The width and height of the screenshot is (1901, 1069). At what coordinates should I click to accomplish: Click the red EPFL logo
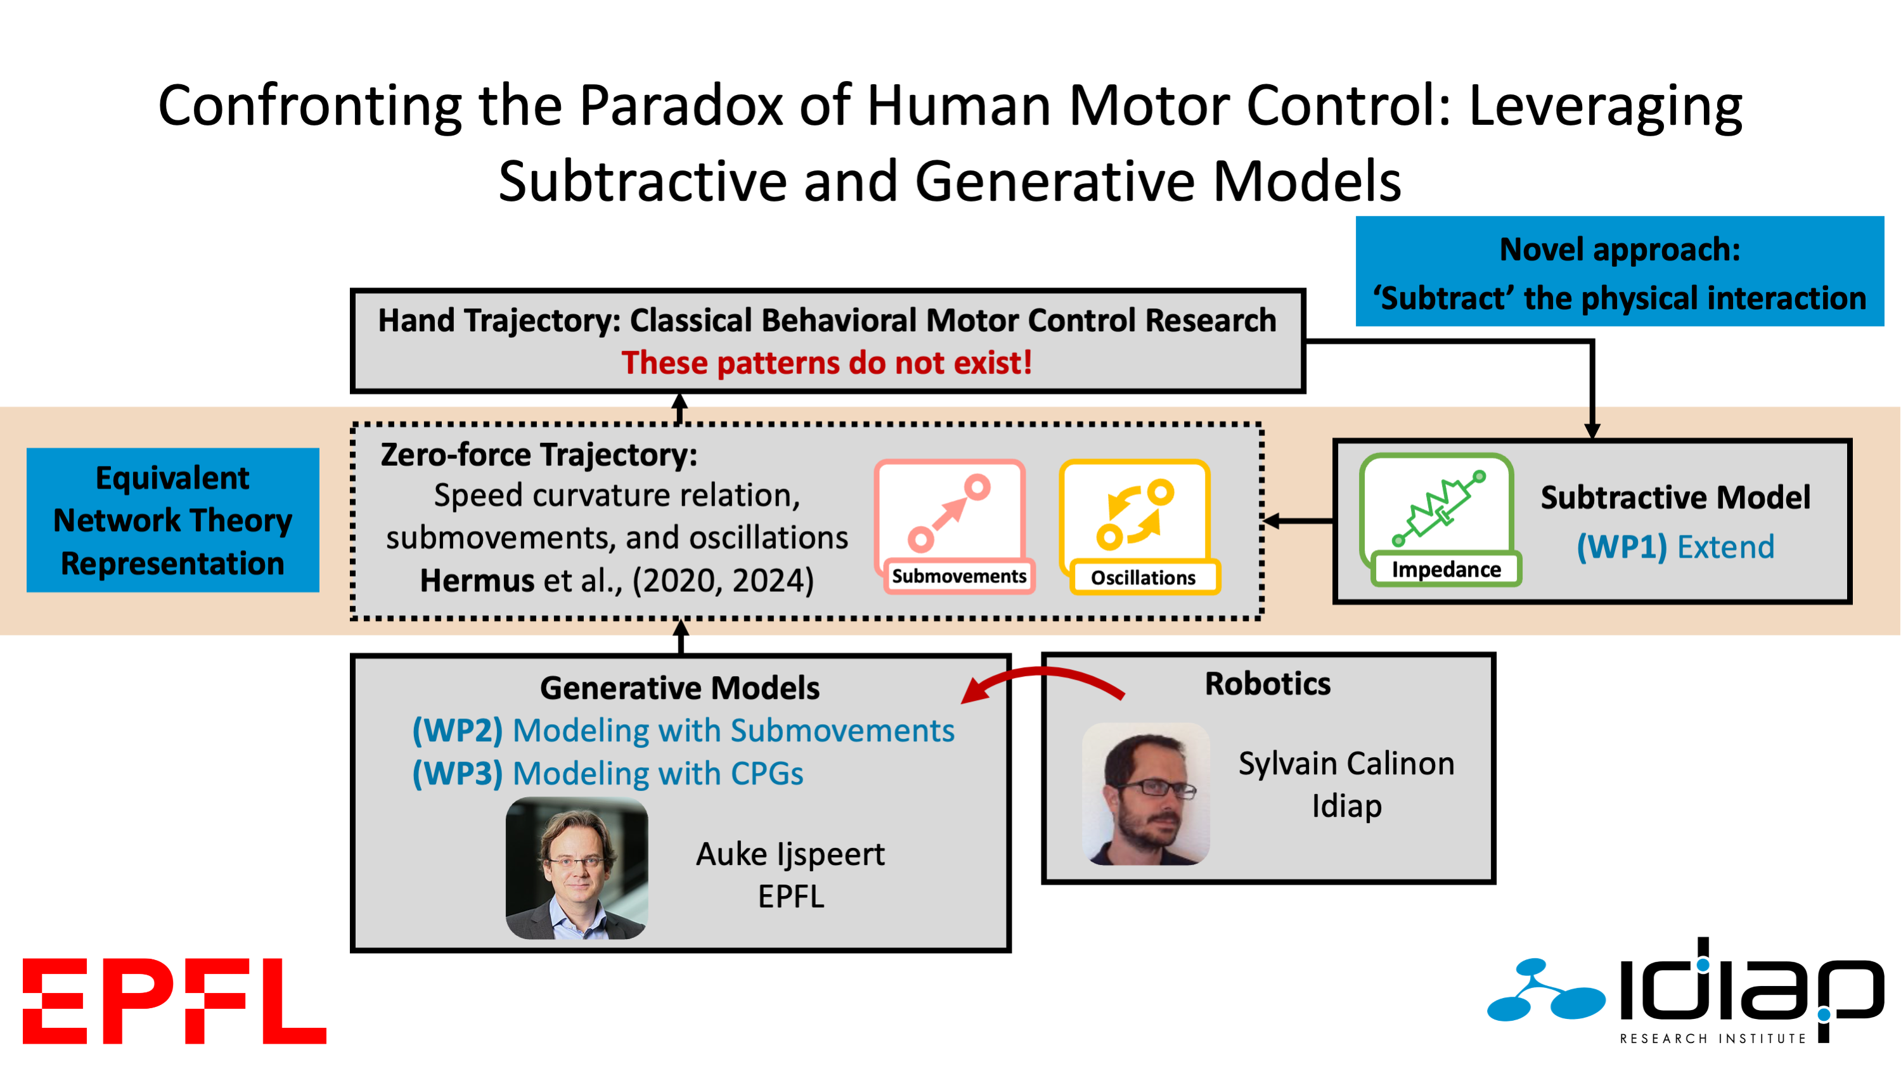[x=174, y=1001]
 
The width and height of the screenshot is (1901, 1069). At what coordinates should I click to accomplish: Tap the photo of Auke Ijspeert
[x=576, y=867]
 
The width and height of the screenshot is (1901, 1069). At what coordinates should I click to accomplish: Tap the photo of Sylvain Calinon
[x=1145, y=794]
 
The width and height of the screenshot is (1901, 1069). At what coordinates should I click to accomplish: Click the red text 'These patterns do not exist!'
[x=827, y=363]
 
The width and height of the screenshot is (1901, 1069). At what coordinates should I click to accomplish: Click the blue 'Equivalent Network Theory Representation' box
[x=172, y=520]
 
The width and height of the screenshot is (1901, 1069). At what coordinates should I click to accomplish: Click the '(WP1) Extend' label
[x=1675, y=547]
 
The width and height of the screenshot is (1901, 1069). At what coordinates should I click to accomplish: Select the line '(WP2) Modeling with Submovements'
[x=683, y=731]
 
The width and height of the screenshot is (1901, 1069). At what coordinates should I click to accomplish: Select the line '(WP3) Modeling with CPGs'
[x=607, y=773]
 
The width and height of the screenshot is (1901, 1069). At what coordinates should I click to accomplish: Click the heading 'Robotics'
[x=1267, y=684]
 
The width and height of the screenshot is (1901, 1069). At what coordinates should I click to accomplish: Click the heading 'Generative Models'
[x=679, y=688]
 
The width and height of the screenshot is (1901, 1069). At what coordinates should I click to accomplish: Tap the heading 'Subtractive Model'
[x=1675, y=498]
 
